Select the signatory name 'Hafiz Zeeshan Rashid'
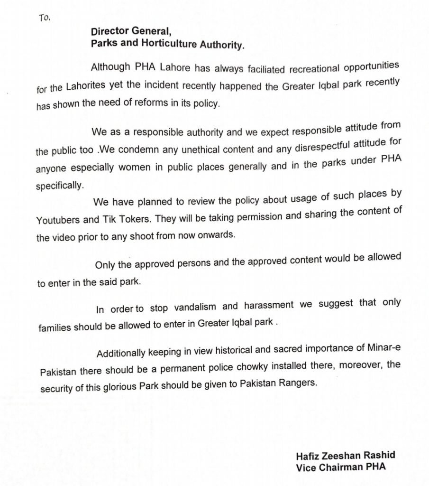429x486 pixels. [345, 456]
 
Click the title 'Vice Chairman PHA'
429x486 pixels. [340, 467]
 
